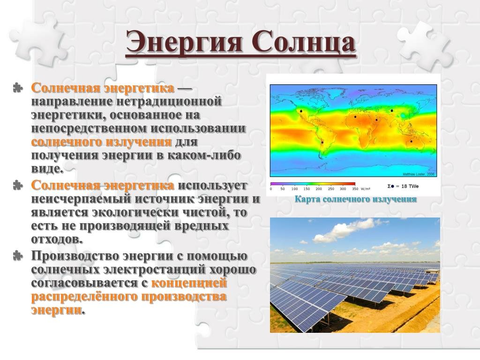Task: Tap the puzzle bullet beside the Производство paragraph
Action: click(18, 255)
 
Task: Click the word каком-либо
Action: click(204, 155)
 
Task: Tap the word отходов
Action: click(56, 240)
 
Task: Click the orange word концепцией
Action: click(189, 283)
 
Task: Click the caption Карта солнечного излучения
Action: click(355, 199)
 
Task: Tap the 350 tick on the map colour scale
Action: click(355, 189)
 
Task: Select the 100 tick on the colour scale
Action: click(294, 189)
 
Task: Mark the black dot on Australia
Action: click(411, 142)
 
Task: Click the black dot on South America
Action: click(322, 142)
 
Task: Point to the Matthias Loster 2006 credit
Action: click(418, 174)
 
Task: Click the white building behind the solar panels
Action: click(433, 271)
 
